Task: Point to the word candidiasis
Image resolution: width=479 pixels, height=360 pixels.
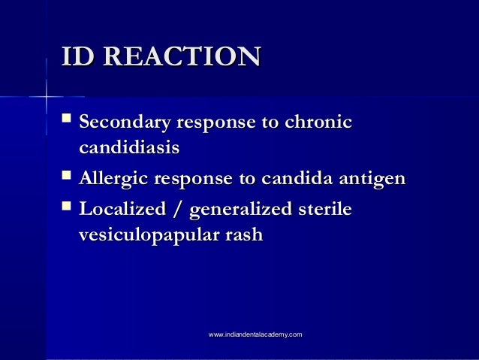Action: [x=128, y=149]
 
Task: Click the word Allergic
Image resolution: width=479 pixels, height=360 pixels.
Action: [x=113, y=178]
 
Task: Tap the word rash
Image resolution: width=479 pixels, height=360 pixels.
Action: [x=243, y=234]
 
